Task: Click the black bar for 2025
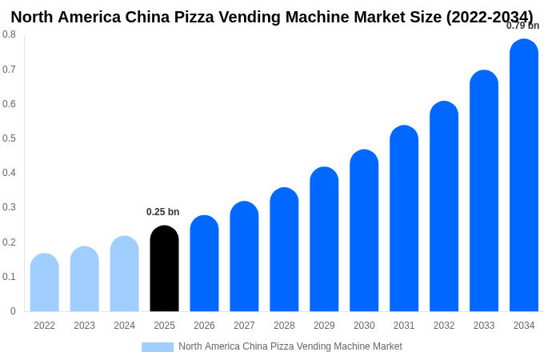pos(164,269)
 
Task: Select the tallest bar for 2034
pos(524,176)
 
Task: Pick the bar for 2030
pos(364,231)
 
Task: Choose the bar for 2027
pos(244,257)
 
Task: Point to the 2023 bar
pos(84,279)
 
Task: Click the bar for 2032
pos(444,207)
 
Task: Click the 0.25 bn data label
pos(162,212)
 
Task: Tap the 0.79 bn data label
pos(522,26)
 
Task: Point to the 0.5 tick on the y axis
pos(9,138)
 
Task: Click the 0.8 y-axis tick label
pos(9,34)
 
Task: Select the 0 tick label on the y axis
pos(13,311)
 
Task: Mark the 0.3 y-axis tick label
pos(9,207)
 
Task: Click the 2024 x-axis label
pos(124,326)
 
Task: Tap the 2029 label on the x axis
pos(324,326)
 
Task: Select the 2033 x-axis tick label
pos(484,326)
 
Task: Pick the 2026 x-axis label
pos(204,326)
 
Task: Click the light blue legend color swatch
pos(158,347)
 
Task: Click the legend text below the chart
pos(290,346)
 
